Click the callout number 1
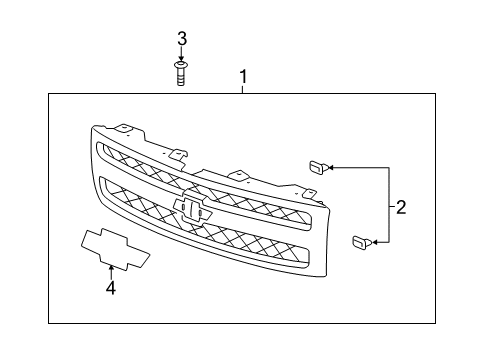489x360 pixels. point(242,76)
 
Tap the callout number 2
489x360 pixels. point(400,208)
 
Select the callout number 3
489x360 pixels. point(181,39)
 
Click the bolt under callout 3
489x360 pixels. point(181,74)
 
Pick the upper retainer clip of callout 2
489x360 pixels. point(316,167)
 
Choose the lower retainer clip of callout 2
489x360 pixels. point(358,241)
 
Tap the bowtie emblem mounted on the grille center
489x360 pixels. point(194,208)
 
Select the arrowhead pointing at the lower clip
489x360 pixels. point(373,242)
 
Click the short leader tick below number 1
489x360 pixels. point(242,89)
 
